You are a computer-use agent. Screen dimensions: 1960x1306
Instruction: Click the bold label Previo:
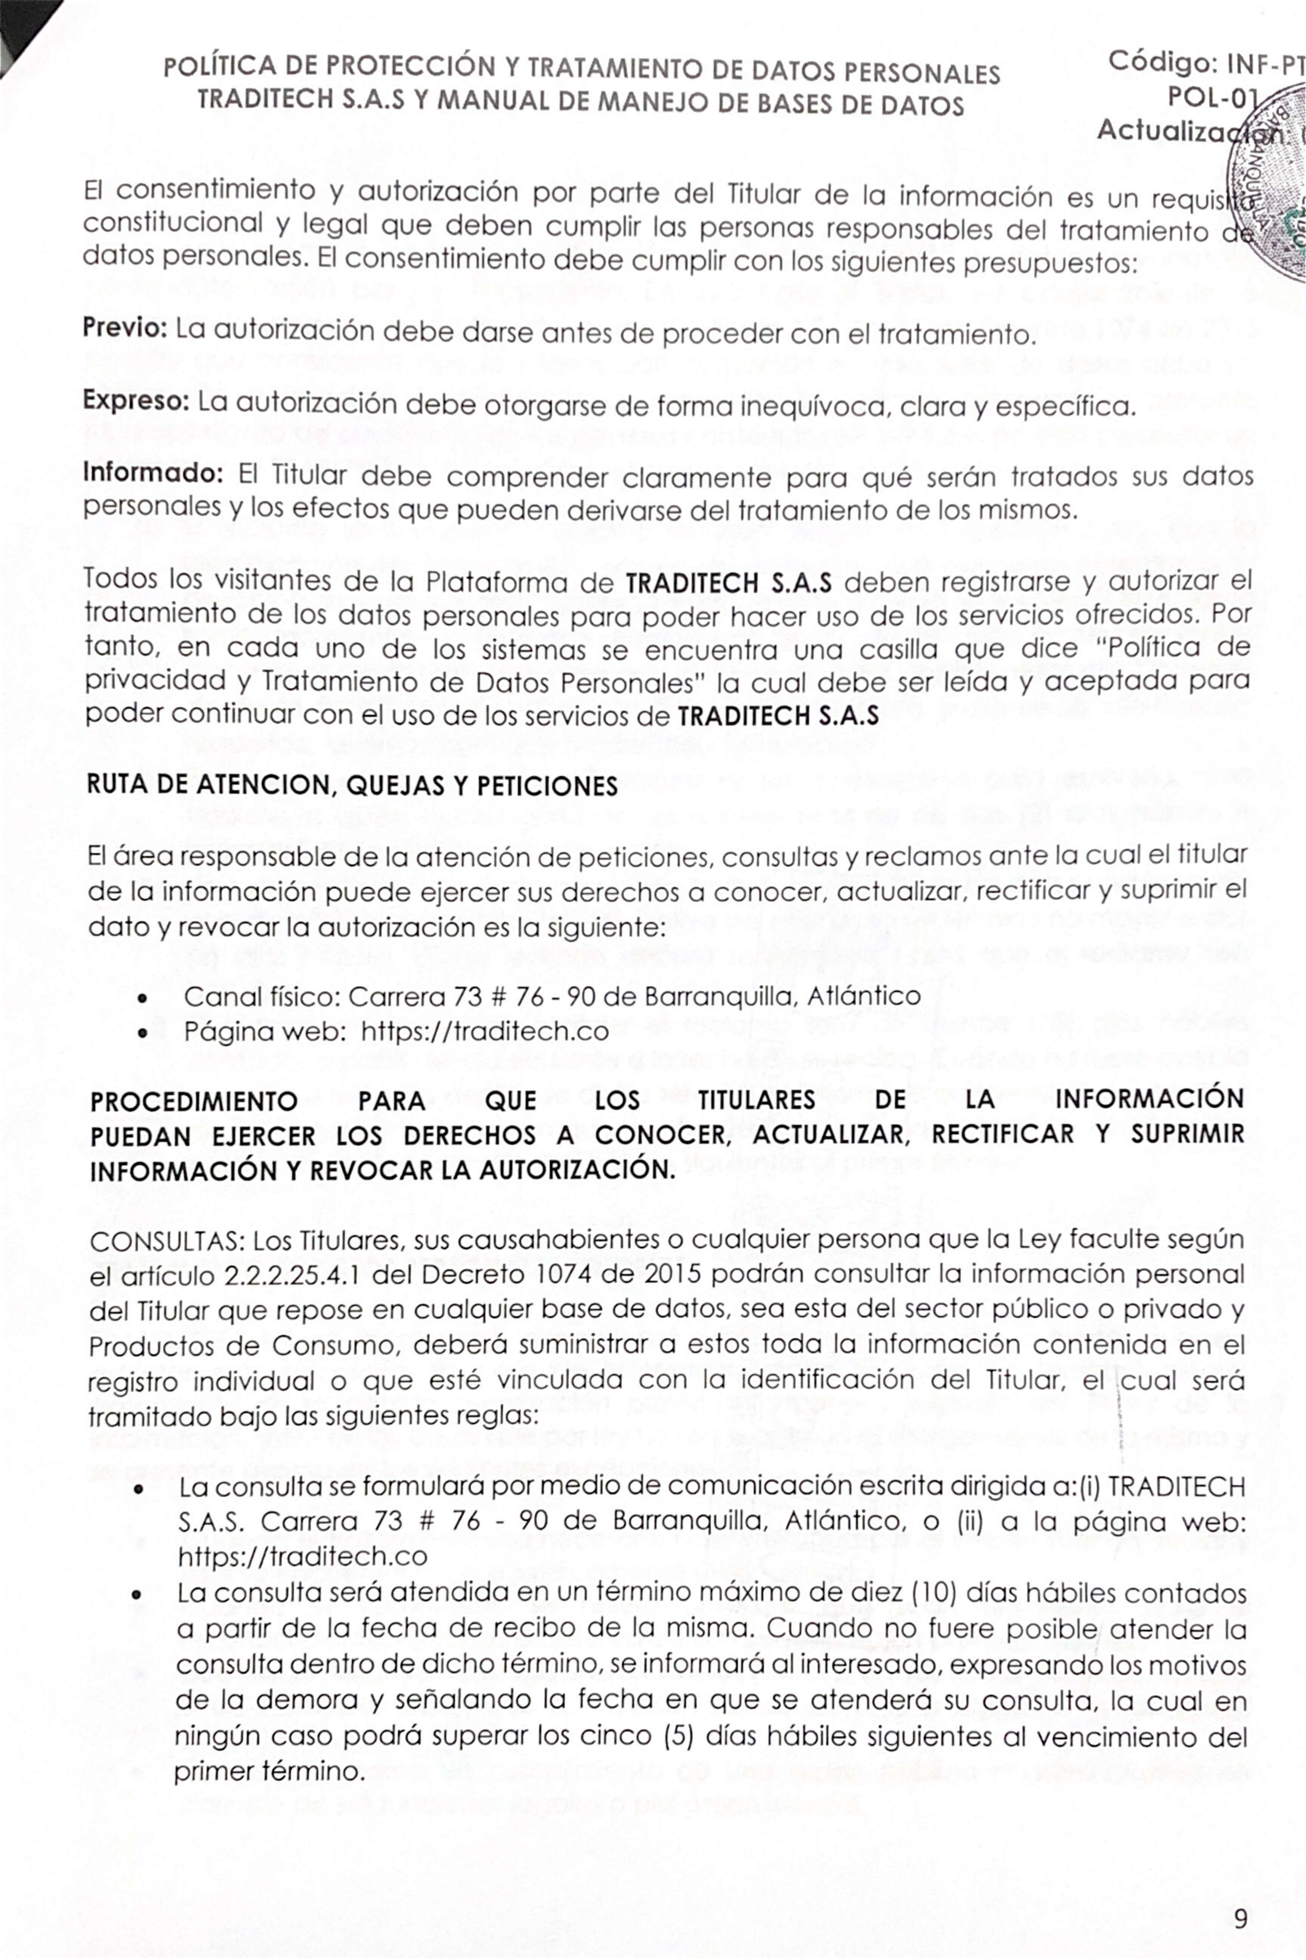[125, 329]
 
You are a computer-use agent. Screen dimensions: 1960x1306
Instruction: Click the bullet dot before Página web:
[145, 1034]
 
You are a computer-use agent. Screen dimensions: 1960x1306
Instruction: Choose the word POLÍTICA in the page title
[218, 66]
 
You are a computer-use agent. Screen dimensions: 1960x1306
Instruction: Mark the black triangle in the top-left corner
[21, 29]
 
